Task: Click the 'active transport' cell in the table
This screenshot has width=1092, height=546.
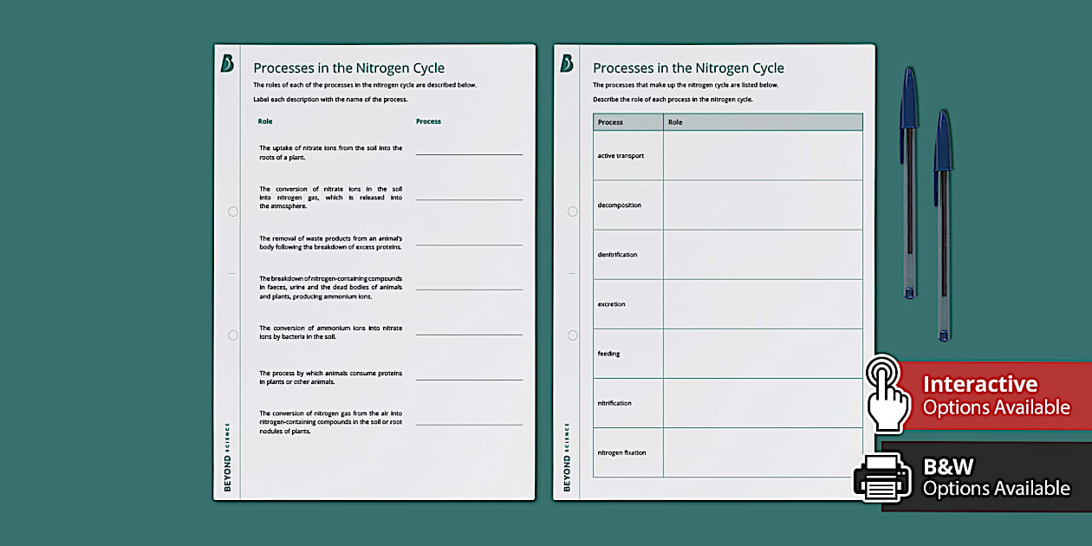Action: pos(621,156)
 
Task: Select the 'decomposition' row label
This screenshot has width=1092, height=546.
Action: pos(619,205)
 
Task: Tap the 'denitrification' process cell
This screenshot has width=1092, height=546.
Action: pos(617,255)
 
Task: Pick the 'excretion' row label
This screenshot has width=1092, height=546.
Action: pos(611,304)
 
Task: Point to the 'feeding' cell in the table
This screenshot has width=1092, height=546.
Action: pos(608,354)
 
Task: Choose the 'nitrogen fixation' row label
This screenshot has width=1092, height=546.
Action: pos(621,452)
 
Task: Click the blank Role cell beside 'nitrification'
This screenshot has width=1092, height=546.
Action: pos(763,403)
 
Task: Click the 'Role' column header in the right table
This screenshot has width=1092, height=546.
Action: pos(675,122)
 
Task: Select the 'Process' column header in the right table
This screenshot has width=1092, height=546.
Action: pos(610,122)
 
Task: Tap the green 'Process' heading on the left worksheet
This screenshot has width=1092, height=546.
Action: pos(428,121)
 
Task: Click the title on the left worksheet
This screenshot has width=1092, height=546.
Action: pos(348,68)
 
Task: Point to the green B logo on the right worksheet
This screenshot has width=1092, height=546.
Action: pos(567,63)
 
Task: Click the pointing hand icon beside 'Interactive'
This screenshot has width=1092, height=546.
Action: pos(887,393)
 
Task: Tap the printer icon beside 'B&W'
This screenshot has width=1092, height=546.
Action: pos(881,476)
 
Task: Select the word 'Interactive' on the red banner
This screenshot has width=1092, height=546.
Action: pos(979,384)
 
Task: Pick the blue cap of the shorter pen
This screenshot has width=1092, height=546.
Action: pos(943,140)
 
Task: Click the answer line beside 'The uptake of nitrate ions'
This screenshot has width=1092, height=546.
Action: pos(469,154)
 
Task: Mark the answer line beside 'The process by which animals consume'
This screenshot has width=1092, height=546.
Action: pos(469,380)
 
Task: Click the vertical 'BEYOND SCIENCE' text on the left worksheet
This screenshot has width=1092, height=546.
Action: pos(227,457)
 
